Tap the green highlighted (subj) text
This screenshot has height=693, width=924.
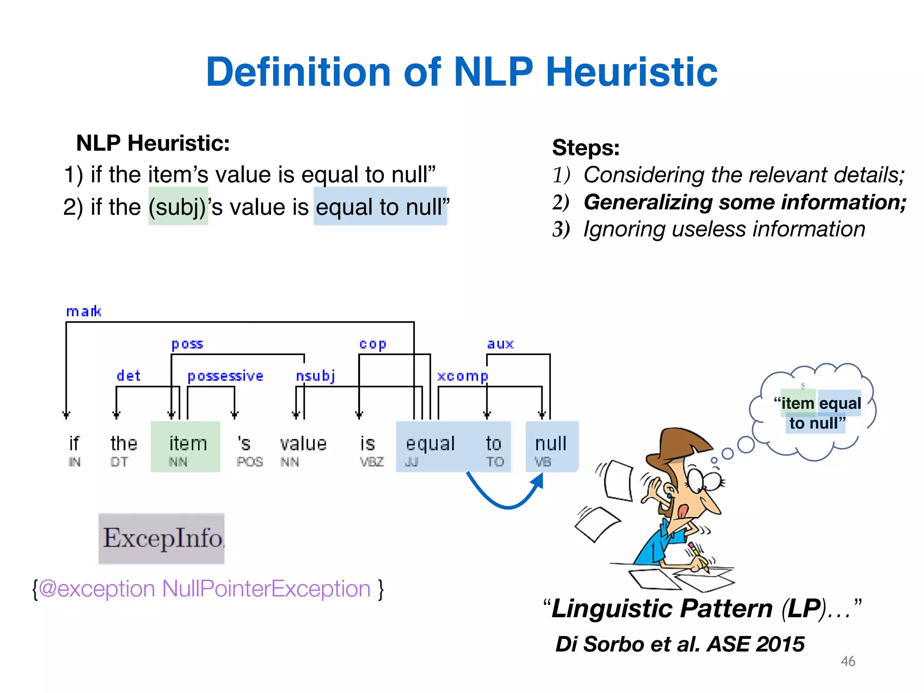(178, 207)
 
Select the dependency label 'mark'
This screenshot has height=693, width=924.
(83, 311)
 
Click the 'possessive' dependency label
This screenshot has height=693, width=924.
(225, 376)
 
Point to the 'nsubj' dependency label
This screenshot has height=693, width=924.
(315, 376)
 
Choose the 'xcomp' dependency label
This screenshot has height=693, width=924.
(462, 376)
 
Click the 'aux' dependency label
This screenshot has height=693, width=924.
(500, 344)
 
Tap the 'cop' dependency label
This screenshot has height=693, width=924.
(373, 344)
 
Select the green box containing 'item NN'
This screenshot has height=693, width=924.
(185, 447)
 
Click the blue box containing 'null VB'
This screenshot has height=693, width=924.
(551, 447)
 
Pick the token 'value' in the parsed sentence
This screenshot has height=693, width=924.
(303, 444)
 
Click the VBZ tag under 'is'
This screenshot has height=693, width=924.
(372, 462)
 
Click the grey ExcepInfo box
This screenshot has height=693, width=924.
(162, 538)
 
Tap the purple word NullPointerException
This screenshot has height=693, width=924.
(266, 589)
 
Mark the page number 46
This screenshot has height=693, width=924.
(848, 661)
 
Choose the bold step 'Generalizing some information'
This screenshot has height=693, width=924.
(744, 202)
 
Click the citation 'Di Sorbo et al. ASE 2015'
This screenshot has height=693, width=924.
(680, 644)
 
